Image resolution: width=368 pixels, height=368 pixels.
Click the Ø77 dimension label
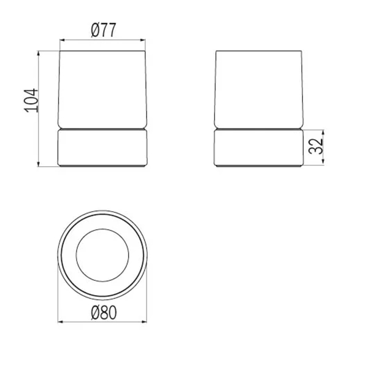104,30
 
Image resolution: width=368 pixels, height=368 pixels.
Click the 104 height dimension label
31,101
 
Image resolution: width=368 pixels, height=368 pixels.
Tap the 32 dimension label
316,146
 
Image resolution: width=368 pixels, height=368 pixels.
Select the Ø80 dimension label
104,313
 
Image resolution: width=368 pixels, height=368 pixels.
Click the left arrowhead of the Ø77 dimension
63,40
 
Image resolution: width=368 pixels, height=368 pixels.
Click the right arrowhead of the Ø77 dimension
143,40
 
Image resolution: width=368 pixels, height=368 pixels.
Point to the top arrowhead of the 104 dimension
39,53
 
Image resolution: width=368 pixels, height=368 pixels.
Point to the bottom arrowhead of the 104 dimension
39,164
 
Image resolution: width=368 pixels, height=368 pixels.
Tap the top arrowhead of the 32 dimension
323,132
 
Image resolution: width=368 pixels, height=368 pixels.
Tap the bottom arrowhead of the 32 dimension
323,161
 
